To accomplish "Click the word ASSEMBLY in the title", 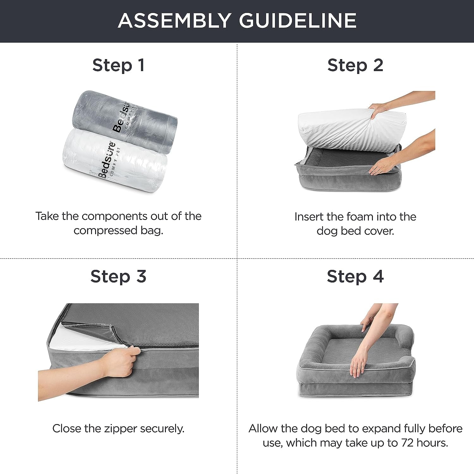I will point(174,21).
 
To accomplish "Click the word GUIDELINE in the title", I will point(297,21).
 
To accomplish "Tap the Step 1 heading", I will point(118,65).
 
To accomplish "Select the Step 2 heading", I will point(355,65).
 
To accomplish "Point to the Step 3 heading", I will point(118,276).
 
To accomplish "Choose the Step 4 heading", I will point(355,276).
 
